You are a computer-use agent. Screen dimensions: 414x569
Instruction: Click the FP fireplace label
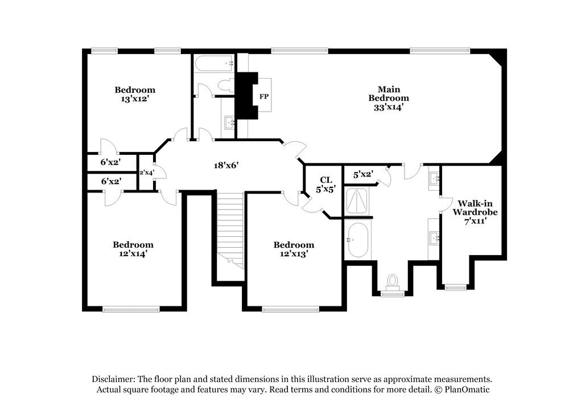tap(264, 96)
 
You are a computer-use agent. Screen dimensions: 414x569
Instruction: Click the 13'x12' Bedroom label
tap(135, 94)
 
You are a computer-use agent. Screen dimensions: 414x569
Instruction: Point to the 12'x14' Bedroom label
tap(133, 249)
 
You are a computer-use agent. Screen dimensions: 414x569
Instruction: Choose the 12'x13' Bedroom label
tap(294, 249)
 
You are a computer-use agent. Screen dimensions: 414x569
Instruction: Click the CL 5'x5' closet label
tap(325, 185)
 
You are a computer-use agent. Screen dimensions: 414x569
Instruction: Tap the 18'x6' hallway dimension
tap(222, 166)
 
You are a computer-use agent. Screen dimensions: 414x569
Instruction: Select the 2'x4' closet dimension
tap(147, 173)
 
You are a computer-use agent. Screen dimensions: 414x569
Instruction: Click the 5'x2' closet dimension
tap(362, 174)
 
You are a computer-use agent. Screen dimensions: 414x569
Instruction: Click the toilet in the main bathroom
tap(392, 281)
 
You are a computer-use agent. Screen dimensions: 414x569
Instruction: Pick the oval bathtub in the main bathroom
tap(357, 239)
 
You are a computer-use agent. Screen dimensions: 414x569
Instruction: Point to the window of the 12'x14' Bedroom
tap(131, 309)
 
